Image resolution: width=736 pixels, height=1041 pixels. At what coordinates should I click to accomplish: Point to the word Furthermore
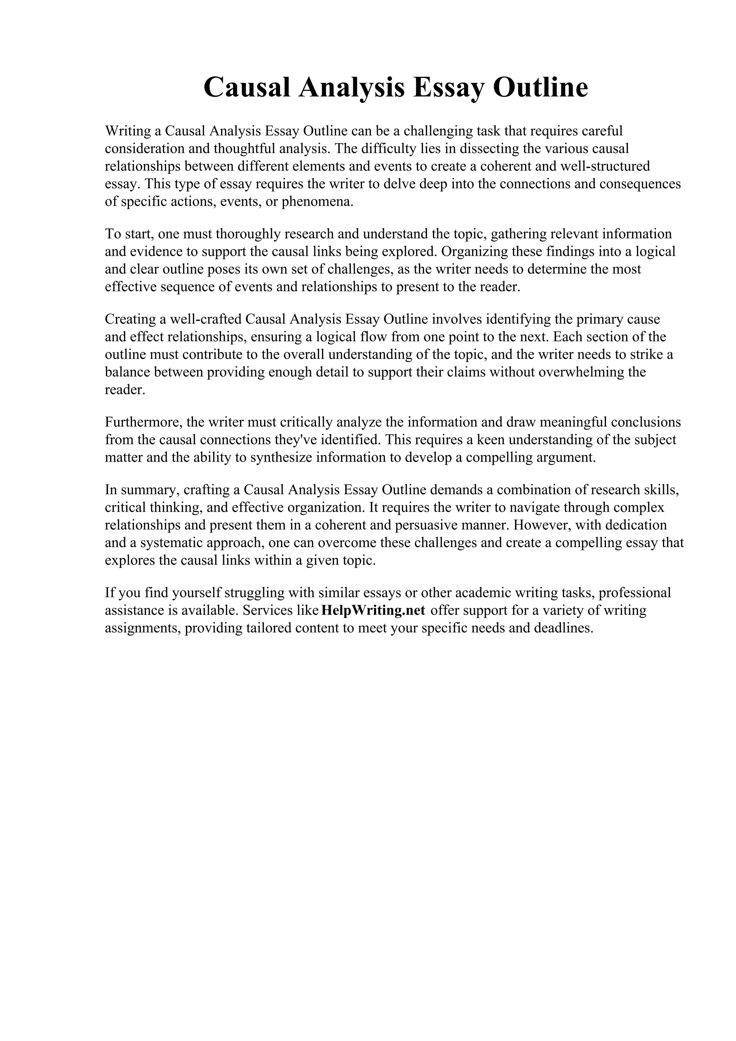point(143,422)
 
